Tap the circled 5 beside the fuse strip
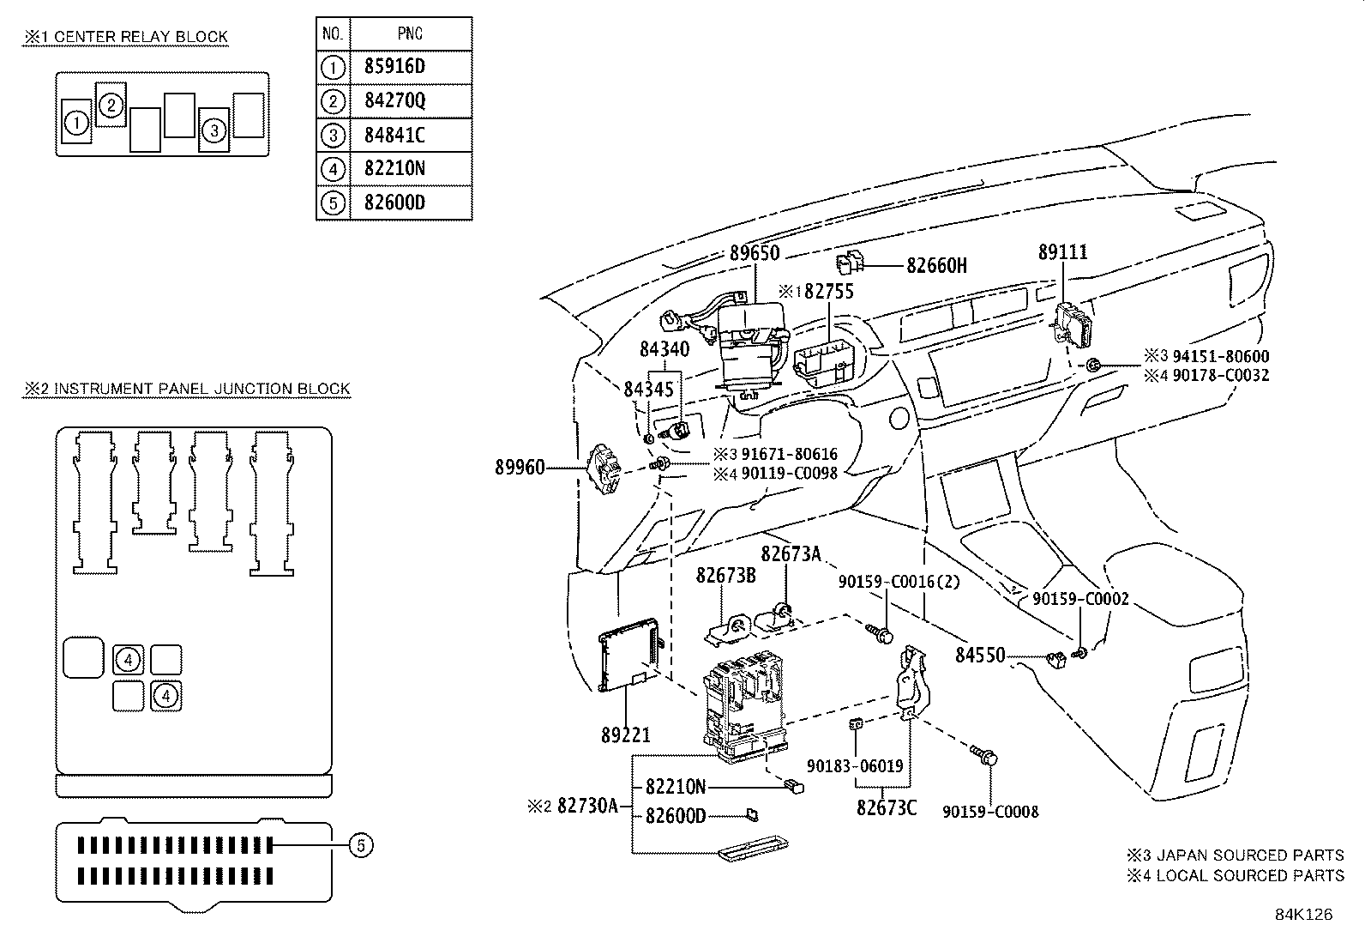click(x=361, y=846)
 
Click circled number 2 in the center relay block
click(x=111, y=106)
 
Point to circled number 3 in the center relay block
click(x=214, y=130)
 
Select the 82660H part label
click(x=936, y=266)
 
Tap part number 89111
click(x=1062, y=252)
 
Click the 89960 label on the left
click(x=520, y=468)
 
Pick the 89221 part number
click(x=625, y=734)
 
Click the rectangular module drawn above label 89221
click(x=629, y=654)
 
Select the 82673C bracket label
click(x=886, y=807)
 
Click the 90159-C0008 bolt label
click(x=990, y=811)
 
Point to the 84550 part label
click(x=980, y=656)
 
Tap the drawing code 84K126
click(x=1303, y=915)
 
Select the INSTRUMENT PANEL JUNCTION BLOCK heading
click(x=201, y=389)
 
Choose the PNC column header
click(x=410, y=34)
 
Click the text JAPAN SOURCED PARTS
click(x=1250, y=855)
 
